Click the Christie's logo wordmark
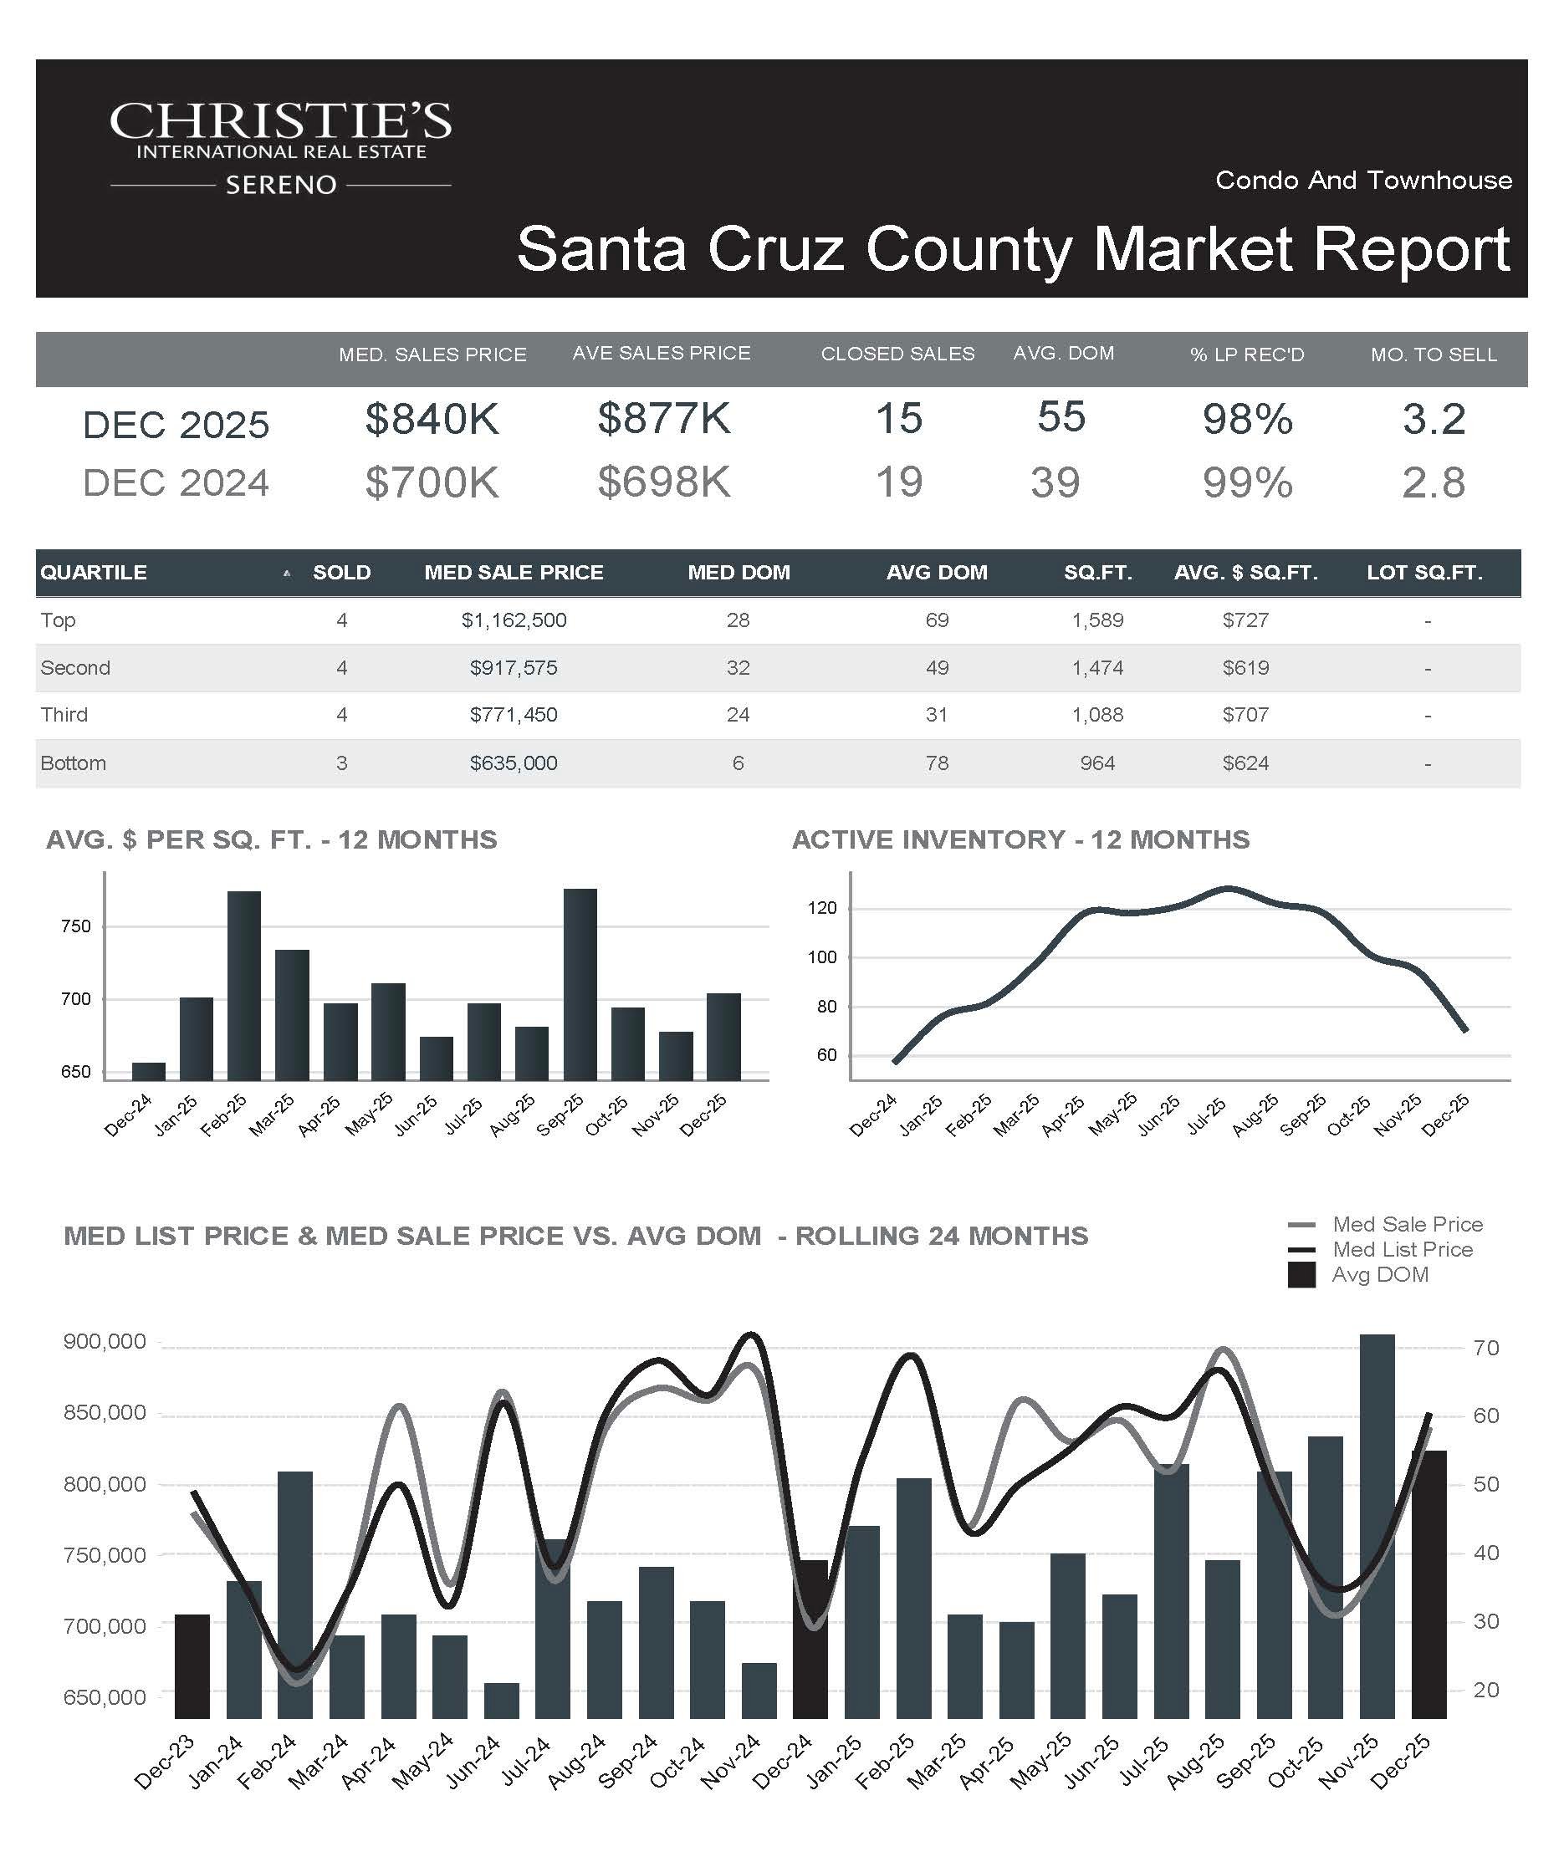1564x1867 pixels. [x=280, y=122]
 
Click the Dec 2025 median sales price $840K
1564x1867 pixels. [x=432, y=419]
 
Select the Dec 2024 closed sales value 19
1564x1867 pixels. [x=899, y=482]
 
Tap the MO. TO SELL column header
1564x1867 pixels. [x=1434, y=355]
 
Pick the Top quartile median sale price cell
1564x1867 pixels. [x=513, y=620]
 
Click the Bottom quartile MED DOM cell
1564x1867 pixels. [x=738, y=763]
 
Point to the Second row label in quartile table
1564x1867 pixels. [x=75, y=668]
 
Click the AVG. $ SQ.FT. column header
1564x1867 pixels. [x=1245, y=573]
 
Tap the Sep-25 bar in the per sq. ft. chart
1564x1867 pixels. [x=580, y=984]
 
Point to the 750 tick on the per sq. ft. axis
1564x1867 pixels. [x=76, y=926]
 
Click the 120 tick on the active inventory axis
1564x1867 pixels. [x=822, y=909]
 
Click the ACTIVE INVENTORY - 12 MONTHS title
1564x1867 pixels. [x=1020, y=839]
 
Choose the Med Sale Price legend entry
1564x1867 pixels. [x=1407, y=1224]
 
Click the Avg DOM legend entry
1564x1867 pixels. [x=1379, y=1275]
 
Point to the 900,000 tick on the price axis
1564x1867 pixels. [x=105, y=1342]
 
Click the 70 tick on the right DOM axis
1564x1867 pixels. [x=1485, y=1349]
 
